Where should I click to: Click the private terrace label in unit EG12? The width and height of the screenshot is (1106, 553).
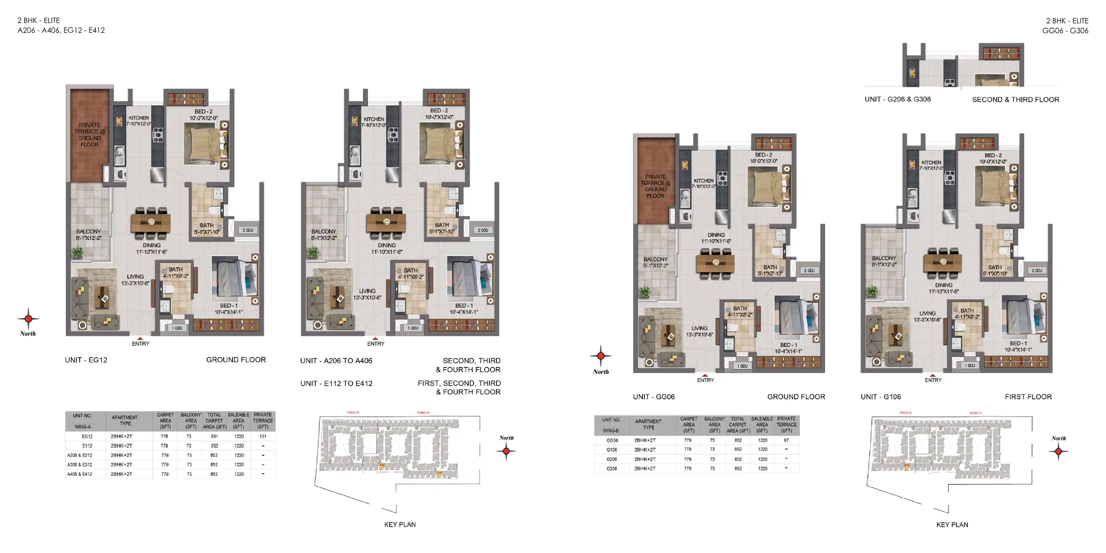point(89,134)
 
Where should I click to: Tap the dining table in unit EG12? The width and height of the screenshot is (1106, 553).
point(151,222)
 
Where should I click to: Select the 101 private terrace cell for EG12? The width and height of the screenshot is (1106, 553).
point(263,436)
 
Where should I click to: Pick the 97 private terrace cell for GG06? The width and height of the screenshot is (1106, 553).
point(786,440)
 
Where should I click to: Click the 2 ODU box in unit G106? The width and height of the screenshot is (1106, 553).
point(1037,270)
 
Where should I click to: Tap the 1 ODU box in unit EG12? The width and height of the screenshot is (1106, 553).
point(177,328)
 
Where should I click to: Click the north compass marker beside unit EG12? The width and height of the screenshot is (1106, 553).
point(28,319)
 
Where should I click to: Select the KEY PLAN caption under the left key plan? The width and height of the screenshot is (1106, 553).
point(400,524)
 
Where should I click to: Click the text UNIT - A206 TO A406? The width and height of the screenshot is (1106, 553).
point(336,361)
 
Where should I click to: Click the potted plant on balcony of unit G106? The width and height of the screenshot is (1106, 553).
point(872,292)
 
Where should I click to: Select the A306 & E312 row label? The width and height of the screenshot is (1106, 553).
point(80,465)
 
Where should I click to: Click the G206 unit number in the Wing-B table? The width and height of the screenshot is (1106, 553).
point(612,459)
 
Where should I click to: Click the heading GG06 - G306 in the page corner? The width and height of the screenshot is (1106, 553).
point(1065,30)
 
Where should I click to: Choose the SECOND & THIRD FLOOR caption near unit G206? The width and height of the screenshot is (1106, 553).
point(1015,100)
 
